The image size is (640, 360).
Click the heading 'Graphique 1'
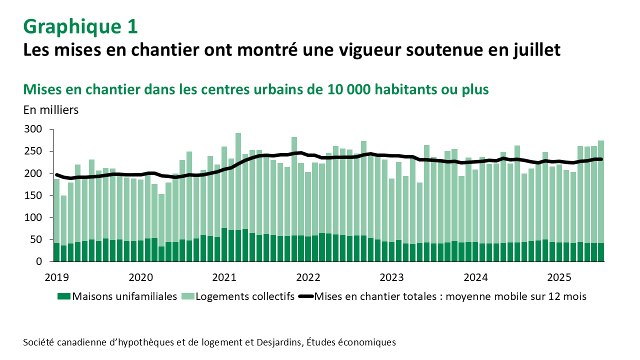80,26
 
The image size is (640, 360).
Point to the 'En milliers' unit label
51,110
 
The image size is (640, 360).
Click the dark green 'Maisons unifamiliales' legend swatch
64,296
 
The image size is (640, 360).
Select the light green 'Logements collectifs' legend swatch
187,296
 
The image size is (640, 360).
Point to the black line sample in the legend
305,296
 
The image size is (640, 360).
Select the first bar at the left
56,220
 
